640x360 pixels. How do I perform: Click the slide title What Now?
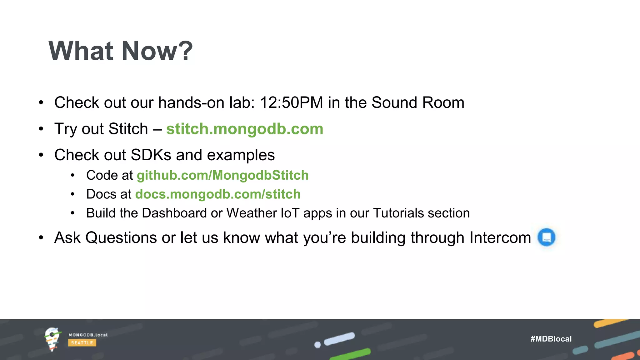(121, 51)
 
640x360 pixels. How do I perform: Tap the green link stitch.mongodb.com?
(244, 129)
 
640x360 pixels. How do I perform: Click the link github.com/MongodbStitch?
(222, 175)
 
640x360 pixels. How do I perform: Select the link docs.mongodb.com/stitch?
(218, 194)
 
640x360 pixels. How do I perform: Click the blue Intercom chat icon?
(546, 237)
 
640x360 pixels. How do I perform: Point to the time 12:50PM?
(291, 102)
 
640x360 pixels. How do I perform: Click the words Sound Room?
(418, 102)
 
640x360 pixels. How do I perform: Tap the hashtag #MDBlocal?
(551, 339)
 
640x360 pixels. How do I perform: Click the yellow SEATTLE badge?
(82, 343)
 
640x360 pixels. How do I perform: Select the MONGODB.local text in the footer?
(88, 335)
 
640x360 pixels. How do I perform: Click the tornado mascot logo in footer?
(52, 339)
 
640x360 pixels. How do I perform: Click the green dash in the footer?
(350, 354)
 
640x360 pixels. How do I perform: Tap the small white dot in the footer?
(317, 345)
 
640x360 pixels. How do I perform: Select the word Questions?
(121, 237)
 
